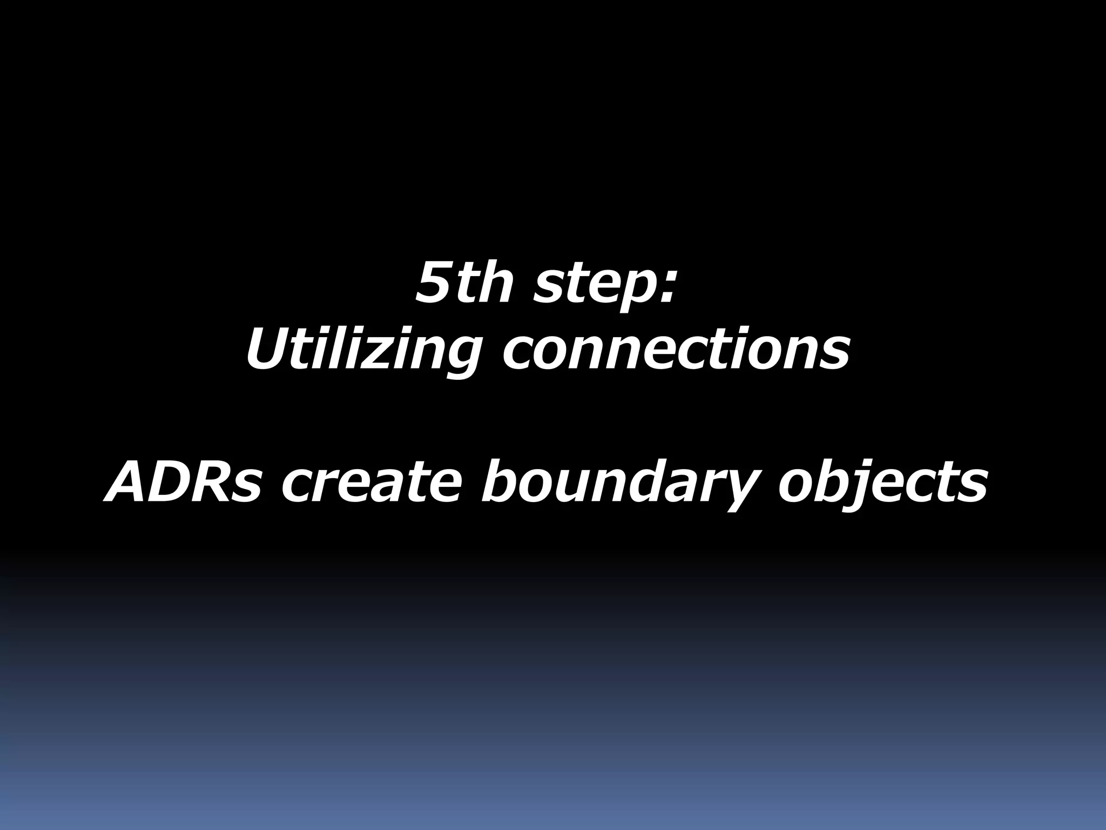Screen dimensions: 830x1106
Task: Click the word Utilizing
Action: (363, 351)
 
